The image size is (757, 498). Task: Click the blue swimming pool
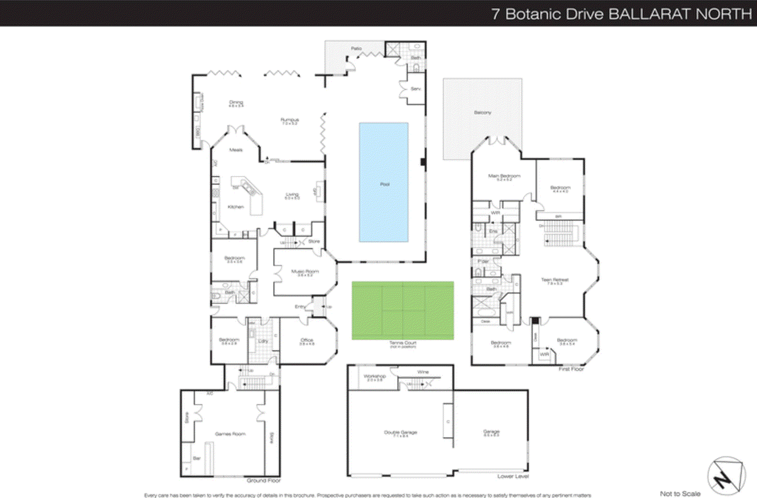pos(384,182)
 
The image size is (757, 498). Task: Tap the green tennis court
pos(403,310)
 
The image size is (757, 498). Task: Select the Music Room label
pos(305,272)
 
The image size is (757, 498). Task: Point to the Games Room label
pos(230,434)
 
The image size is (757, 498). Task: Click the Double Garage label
pos(400,432)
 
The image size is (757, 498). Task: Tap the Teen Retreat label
pos(555,280)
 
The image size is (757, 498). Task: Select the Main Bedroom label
pos(504,176)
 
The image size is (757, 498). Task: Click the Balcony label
pos(483,113)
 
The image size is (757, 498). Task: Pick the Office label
pos(307,340)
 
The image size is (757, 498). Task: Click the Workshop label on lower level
pos(375,376)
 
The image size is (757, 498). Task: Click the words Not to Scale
pos(680,493)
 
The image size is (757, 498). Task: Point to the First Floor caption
pos(571,369)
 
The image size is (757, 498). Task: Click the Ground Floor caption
pos(264,480)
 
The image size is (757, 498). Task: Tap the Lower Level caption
pos(513,476)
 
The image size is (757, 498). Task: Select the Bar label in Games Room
pos(197,458)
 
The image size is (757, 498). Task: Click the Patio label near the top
pos(356,48)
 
